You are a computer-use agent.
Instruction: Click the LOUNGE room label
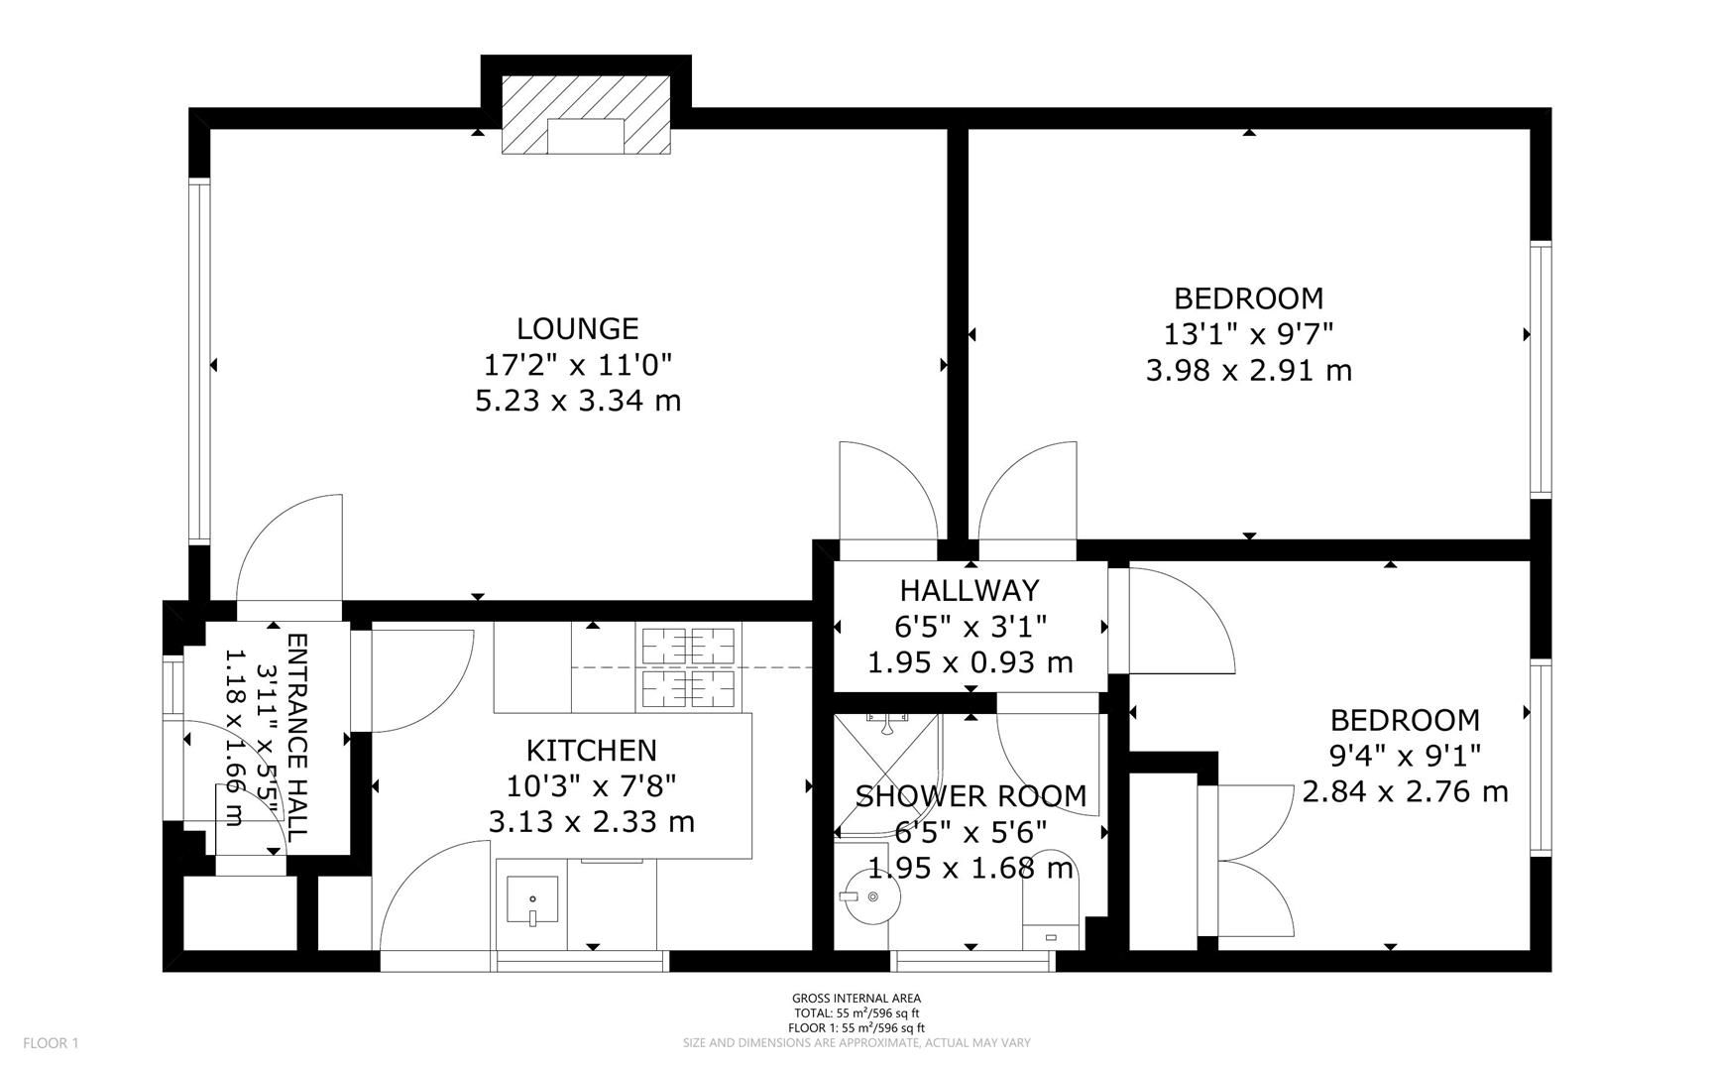pyautogui.click(x=578, y=328)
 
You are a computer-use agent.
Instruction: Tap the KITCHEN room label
pyautogui.click(x=592, y=751)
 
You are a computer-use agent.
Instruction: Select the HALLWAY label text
pyautogui.click(x=970, y=590)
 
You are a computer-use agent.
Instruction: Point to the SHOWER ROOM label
pyautogui.click(x=971, y=796)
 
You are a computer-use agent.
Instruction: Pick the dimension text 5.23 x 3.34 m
pyautogui.click(x=578, y=401)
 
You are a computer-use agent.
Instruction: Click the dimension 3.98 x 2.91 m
pyautogui.click(x=1249, y=371)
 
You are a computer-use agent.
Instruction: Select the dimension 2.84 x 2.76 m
pyautogui.click(x=1406, y=792)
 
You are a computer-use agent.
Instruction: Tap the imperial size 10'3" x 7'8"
pyautogui.click(x=592, y=786)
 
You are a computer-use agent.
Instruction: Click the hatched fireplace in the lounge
pyautogui.click(x=586, y=115)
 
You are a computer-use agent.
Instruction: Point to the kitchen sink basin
pyautogui.click(x=532, y=899)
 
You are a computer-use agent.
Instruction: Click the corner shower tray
pyautogui.click(x=887, y=773)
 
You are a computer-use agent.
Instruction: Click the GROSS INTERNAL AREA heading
pyautogui.click(x=857, y=999)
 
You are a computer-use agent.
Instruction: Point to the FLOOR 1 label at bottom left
pyautogui.click(x=51, y=1043)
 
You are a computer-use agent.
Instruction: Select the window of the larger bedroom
pyautogui.click(x=1541, y=369)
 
